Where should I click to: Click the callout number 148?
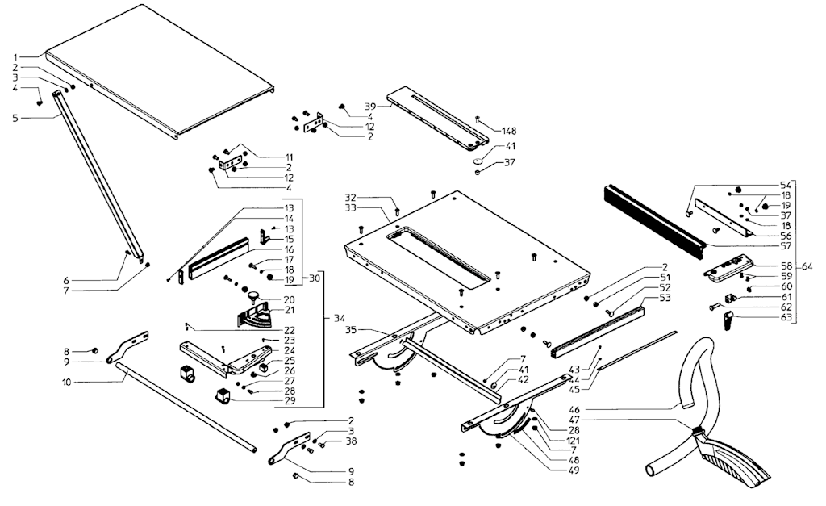pyautogui.click(x=510, y=132)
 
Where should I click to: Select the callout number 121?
pyautogui.click(x=574, y=441)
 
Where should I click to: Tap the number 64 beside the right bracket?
pyautogui.click(x=807, y=266)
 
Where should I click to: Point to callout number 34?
pyautogui.click(x=340, y=318)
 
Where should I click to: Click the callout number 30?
pyautogui.click(x=314, y=278)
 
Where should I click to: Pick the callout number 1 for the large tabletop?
pyautogui.click(x=16, y=57)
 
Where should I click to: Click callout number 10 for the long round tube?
pyautogui.click(x=66, y=382)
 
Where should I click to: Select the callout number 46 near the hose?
pyautogui.click(x=574, y=409)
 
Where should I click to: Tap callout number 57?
pyautogui.click(x=786, y=246)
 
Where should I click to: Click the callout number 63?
pyautogui.click(x=786, y=317)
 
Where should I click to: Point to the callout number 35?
pyautogui.click(x=352, y=331)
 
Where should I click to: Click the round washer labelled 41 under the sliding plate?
pyautogui.click(x=478, y=161)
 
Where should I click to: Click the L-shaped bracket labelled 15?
pyautogui.click(x=266, y=235)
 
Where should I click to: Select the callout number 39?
pyautogui.click(x=370, y=107)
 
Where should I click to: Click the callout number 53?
pyautogui.click(x=665, y=298)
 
